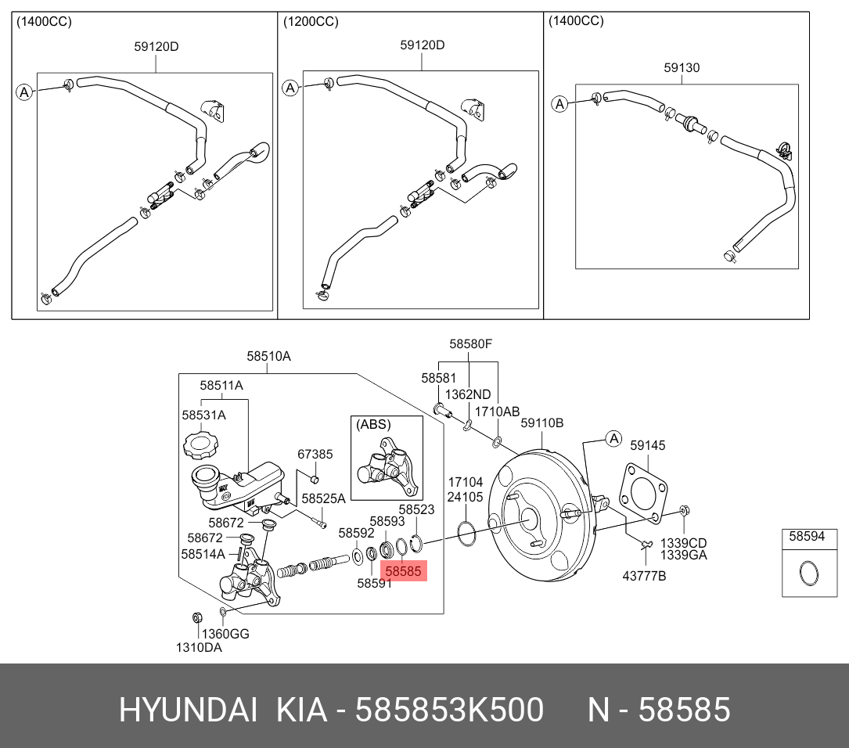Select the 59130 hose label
point(682,68)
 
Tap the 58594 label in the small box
point(806,537)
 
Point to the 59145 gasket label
point(647,445)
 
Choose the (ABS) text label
point(373,425)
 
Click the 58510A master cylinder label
point(268,356)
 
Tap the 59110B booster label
point(542,423)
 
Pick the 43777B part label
point(644,576)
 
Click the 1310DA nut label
point(200,647)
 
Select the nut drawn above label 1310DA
point(197,619)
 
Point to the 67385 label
point(315,453)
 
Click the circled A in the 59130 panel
point(559,104)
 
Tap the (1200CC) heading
point(311,22)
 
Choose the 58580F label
point(470,343)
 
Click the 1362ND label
point(468,394)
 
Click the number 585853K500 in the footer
point(449,710)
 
